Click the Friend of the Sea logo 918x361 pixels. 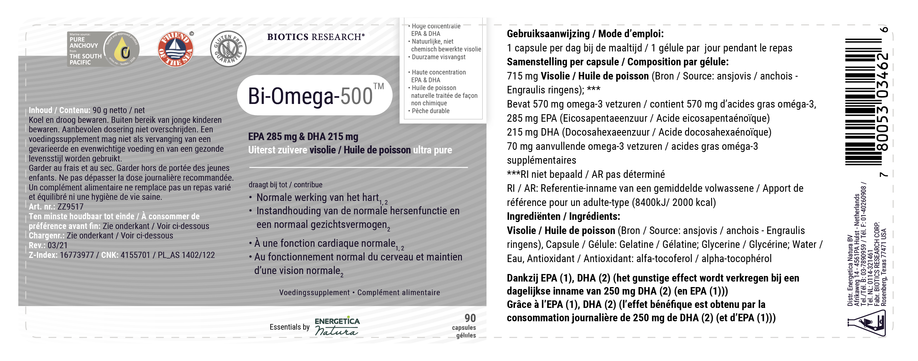[x=175, y=49]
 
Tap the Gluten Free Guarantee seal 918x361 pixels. [x=228, y=49]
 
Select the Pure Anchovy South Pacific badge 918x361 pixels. [x=103, y=49]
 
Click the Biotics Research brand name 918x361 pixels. [x=316, y=37]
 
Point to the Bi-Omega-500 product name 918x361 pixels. [x=310, y=96]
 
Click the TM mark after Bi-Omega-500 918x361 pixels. [x=378, y=86]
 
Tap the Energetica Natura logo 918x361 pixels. [x=337, y=326]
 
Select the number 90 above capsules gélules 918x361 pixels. [x=470, y=318]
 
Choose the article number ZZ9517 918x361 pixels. [x=70, y=206]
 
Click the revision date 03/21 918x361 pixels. [x=57, y=245]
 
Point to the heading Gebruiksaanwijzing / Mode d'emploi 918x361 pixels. [x=585, y=34]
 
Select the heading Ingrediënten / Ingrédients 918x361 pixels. [x=563, y=216]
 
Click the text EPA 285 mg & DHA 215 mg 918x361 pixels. [x=303, y=137]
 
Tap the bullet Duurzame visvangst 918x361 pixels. [x=438, y=57]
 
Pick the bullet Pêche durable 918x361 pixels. [x=431, y=111]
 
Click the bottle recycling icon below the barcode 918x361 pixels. [x=866, y=323]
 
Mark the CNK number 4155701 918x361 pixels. [x=135, y=255]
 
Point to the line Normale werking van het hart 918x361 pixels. [x=317, y=198]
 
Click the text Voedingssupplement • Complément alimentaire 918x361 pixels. [x=359, y=293]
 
